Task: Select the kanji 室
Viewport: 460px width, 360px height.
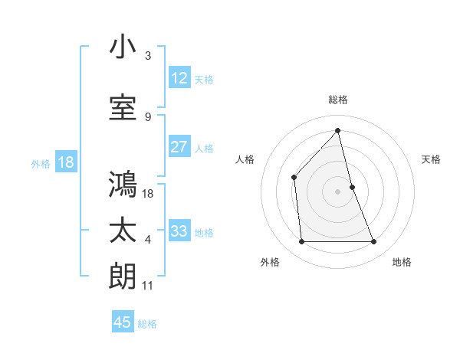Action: [123, 107]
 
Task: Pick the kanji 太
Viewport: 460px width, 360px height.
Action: [123, 231]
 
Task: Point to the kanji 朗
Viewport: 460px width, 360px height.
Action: [123, 276]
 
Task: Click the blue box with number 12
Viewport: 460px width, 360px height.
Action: [179, 78]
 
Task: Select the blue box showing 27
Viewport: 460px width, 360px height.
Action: [179, 147]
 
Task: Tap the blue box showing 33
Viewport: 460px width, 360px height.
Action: [179, 231]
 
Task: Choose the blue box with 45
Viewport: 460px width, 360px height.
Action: [123, 322]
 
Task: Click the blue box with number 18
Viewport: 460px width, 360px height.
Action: [65, 162]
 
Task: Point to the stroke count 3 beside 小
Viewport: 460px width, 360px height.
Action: [148, 56]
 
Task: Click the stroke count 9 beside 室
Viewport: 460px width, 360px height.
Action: [148, 116]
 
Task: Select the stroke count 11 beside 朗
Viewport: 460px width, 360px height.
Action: [148, 286]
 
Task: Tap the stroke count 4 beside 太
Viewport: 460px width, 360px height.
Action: [148, 240]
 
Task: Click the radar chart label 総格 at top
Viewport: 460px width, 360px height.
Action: [338, 100]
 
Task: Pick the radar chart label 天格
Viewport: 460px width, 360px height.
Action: [431, 159]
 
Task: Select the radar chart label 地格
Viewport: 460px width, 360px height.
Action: [402, 262]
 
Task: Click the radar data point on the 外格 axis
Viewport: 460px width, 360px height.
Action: [301, 242]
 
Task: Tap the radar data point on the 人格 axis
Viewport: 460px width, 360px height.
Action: [294, 178]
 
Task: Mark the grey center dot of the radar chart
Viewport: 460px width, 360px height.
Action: [337, 191]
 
